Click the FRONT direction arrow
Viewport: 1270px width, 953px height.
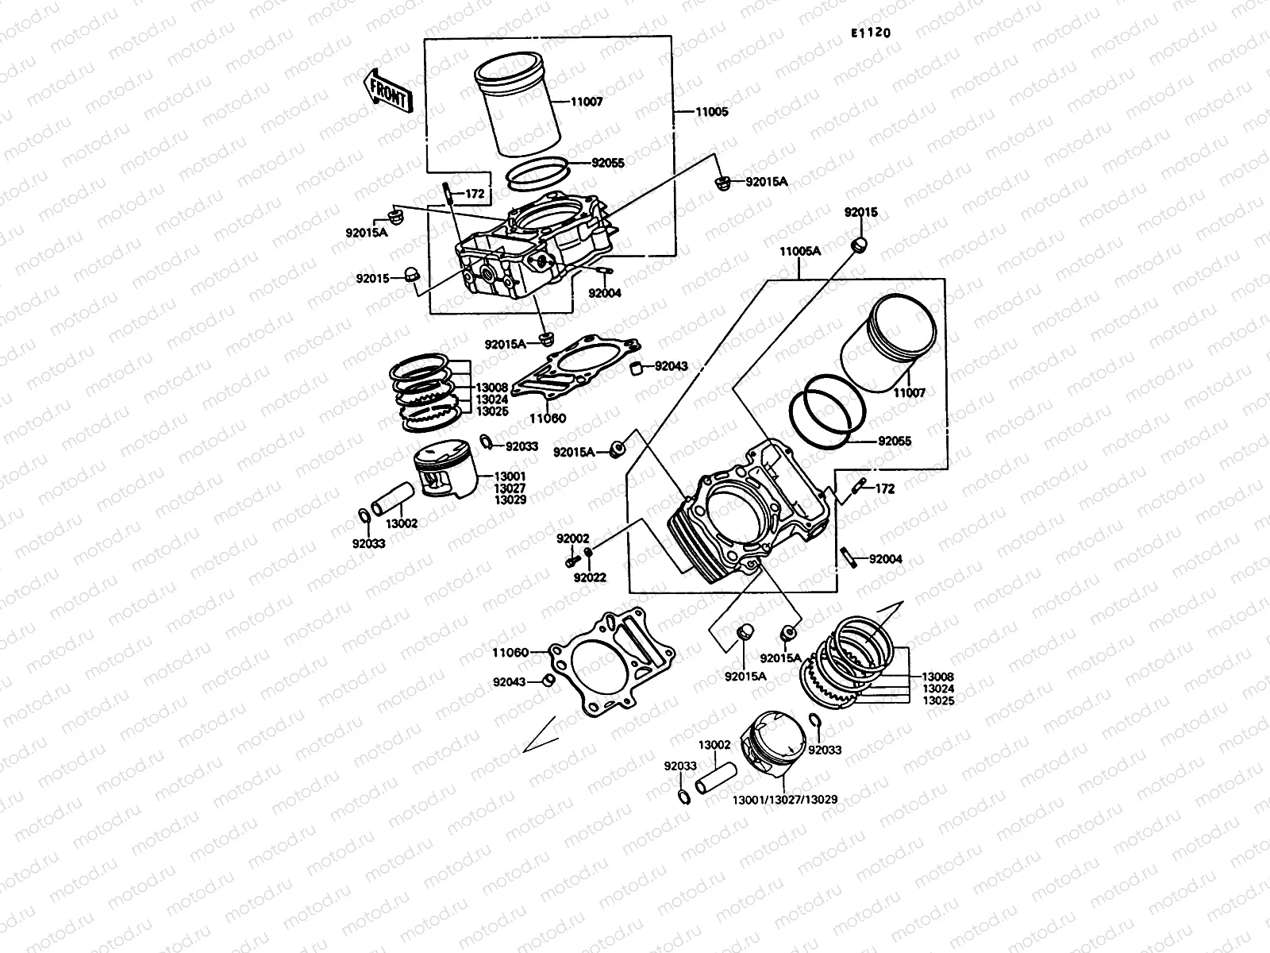pyautogui.click(x=388, y=89)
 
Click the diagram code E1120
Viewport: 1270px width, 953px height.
pyautogui.click(x=870, y=33)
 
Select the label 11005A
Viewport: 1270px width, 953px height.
pyautogui.click(x=799, y=251)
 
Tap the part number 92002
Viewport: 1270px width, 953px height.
pyautogui.click(x=572, y=538)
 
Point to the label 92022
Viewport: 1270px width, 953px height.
pyautogui.click(x=590, y=577)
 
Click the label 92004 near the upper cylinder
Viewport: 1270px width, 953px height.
pyautogui.click(x=605, y=293)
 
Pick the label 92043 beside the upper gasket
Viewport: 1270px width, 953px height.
pyautogui.click(x=671, y=366)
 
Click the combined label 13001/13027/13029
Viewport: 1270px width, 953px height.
pyautogui.click(x=786, y=800)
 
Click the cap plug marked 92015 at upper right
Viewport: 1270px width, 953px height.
pyautogui.click(x=860, y=245)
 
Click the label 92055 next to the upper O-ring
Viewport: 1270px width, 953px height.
pyautogui.click(x=607, y=163)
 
